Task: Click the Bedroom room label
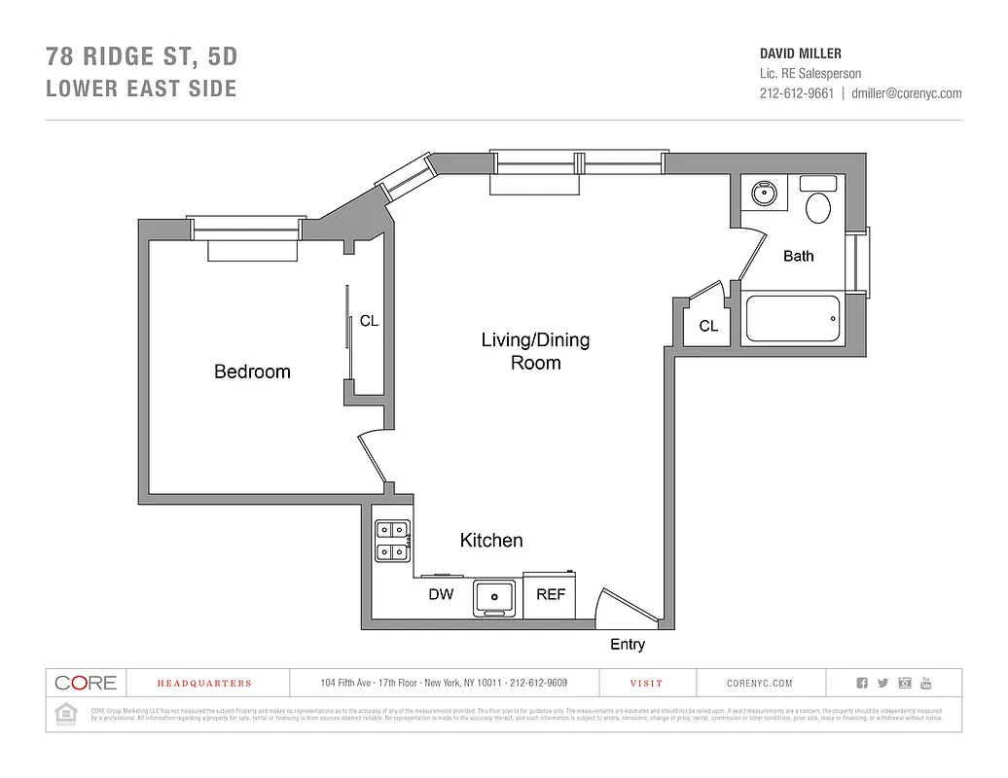tap(252, 371)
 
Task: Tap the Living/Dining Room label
tap(535, 351)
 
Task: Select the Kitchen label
tap(491, 541)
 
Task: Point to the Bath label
tap(798, 256)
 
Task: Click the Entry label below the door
tap(627, 645)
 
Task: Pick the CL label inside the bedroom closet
tap(369, 320)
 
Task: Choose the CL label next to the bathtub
tap(708, 326)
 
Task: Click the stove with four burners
tap(392, 542)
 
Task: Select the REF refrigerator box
tap(551, 594)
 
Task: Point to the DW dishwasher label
tap(441, 594)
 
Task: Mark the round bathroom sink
tap(765, 193)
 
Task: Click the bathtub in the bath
tap(793, 320)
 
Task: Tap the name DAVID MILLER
tap(800, 53)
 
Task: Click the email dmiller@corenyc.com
tap(906, 93)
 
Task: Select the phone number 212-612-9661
tap(796, 93)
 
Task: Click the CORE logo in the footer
tap(86, 684)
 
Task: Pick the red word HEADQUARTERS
tap(204, 684)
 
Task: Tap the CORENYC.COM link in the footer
tap(760, 684)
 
